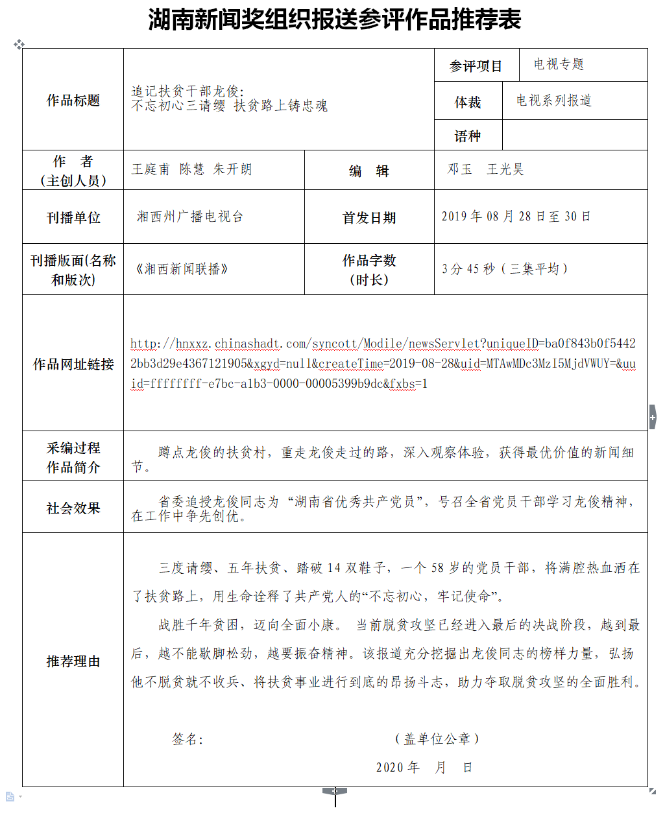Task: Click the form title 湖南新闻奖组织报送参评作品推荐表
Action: click(334, 19)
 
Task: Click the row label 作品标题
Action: click(73, 101)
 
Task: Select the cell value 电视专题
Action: click(559, 64)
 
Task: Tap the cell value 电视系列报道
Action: click(554, 101)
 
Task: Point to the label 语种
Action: click(467, 136)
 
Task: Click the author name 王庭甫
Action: click(151, 169)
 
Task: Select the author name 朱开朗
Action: click(232, 169)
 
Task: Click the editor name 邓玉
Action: click(460, 169)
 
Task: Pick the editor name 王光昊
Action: click(505, 169)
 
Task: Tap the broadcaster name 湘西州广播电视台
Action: click(189, 217)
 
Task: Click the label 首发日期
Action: click(369, 218)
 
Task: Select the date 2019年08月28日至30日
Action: click(516, 217)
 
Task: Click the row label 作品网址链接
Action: click(73, 364)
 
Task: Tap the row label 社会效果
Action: click(73, 508)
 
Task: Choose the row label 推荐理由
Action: click(73, 661)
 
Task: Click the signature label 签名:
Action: click(187, 739)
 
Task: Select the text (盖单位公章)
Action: click(437, 739)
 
